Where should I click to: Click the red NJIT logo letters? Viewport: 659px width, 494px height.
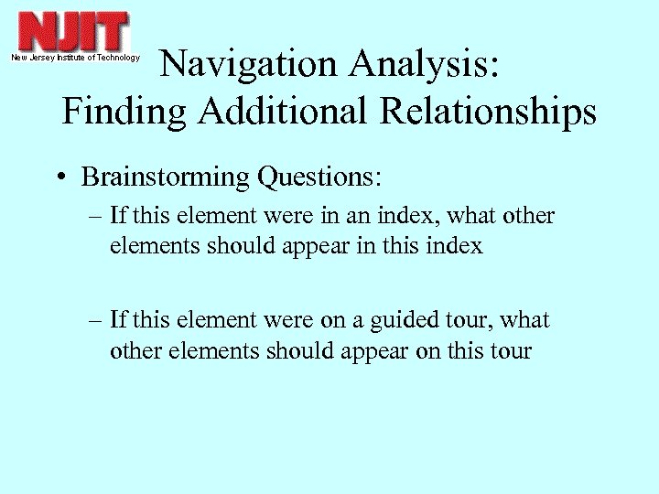74,32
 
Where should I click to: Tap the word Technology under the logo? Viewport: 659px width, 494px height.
116,58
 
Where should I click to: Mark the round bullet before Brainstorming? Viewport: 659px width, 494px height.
59,177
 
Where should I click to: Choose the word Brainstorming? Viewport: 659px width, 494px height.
165,177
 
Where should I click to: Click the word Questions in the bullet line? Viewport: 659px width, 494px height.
319,177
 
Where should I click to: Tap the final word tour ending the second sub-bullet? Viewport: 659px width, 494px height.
510,350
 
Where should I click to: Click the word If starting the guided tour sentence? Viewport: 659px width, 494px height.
117,320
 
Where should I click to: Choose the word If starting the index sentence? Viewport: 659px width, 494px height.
117,216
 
